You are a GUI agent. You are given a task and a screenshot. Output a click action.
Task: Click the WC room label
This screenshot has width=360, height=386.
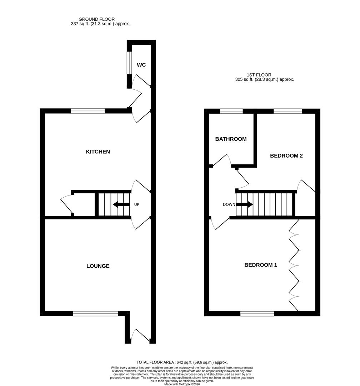(141, 65)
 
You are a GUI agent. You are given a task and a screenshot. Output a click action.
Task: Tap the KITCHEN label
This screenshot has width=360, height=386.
(98, 152)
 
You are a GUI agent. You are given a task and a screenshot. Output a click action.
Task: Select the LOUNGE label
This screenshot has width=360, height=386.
(98, 266)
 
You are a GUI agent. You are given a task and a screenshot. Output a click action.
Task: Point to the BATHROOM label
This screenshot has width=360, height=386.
(231, 139)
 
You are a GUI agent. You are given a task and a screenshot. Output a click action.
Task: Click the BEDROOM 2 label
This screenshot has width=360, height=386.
(286, 156)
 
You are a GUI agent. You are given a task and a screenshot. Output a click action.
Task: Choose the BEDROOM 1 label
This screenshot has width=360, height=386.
(261, 265)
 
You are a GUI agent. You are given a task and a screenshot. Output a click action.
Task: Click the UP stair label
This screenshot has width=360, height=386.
(136, 205)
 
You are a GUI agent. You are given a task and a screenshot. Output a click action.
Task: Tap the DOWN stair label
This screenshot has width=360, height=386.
(229, 205)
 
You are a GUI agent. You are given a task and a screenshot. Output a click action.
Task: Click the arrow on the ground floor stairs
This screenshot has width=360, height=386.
(121, 205)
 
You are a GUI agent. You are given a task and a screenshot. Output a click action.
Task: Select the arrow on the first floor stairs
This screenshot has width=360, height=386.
(245, 205)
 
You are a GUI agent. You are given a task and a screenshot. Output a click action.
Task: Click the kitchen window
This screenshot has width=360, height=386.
(88, 111)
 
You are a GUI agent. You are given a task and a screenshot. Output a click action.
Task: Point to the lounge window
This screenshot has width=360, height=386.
(95, 314)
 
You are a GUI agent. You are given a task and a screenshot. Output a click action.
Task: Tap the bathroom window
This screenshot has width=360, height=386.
(231, 111)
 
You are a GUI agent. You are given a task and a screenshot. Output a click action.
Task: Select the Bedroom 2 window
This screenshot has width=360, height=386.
(287, 111)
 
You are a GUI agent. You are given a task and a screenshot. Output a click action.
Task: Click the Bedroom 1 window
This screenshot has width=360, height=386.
(257, 314)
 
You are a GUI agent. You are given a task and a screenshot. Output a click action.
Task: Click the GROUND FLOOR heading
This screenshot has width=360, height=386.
(96, 19)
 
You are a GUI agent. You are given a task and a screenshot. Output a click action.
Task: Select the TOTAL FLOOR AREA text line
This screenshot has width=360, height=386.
(182, 362)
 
